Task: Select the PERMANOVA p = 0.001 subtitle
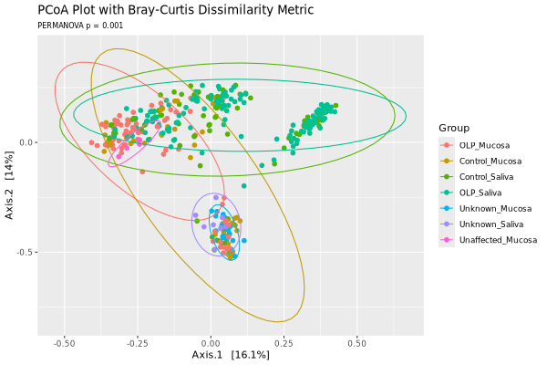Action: click(78, 26)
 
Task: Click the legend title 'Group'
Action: click(454, 127)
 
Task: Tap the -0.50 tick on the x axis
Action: click(65, 345)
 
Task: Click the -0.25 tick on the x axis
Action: click(138, 345)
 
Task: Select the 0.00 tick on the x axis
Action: click(211, 345)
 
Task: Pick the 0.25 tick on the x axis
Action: click(284, 345)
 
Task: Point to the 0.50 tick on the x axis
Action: click(356, 345)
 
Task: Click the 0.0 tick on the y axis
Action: click(26, 142)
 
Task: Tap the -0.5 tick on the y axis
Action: click(24, 252)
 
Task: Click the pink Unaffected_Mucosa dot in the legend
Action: click(447, 240)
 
